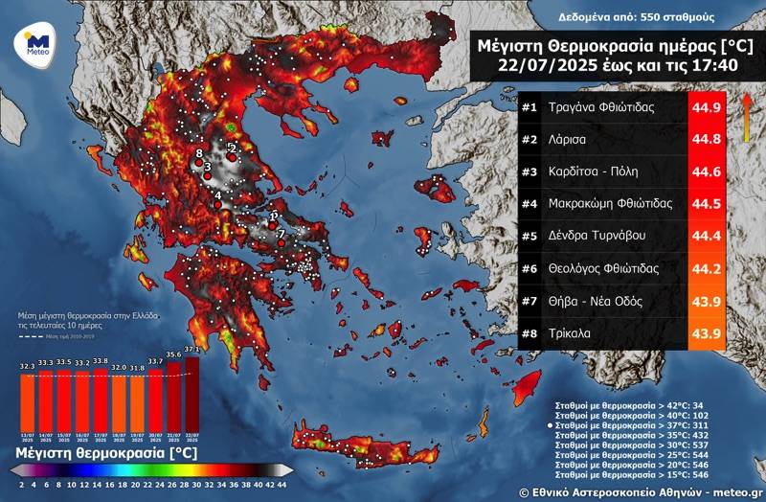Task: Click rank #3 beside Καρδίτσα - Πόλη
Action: click(529, 171)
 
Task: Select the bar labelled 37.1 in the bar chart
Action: click(191, 393)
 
